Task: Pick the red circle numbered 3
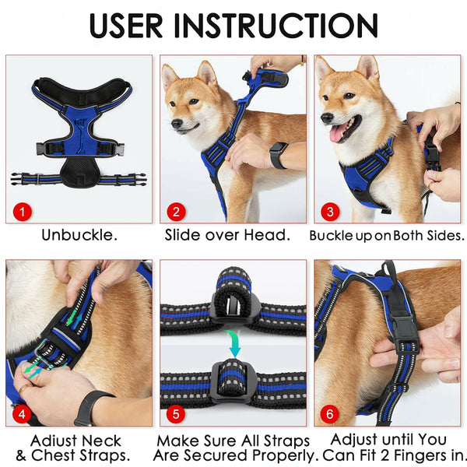(330, 210)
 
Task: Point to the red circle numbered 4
(23, 414)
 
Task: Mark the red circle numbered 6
(330, 414)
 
